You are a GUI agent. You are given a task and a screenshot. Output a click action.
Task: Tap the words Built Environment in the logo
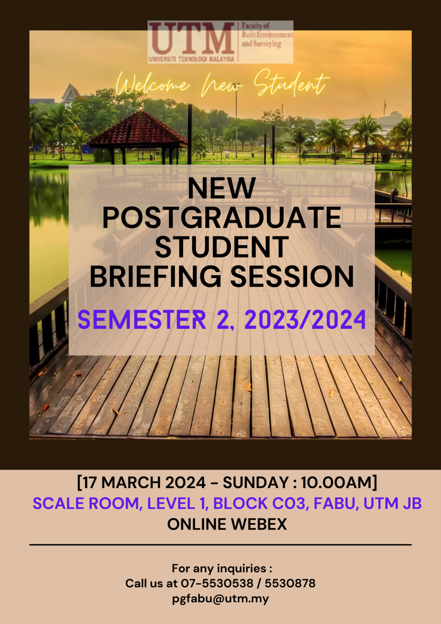point(267,35)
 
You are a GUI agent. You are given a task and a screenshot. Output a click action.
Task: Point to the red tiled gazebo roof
point(138,128)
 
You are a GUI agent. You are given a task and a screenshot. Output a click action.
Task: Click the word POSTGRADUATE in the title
point(222,218)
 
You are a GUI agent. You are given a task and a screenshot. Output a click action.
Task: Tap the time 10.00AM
point(336,482)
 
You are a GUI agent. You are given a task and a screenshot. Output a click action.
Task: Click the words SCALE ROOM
point(86,504)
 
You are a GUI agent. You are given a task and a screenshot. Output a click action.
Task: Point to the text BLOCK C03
point(259,504)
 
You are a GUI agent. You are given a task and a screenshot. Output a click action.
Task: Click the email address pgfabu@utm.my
point(220,599)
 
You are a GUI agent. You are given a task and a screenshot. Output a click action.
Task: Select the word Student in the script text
point(292,83)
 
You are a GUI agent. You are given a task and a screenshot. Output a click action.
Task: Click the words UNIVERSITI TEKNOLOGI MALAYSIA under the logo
point(192,59)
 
